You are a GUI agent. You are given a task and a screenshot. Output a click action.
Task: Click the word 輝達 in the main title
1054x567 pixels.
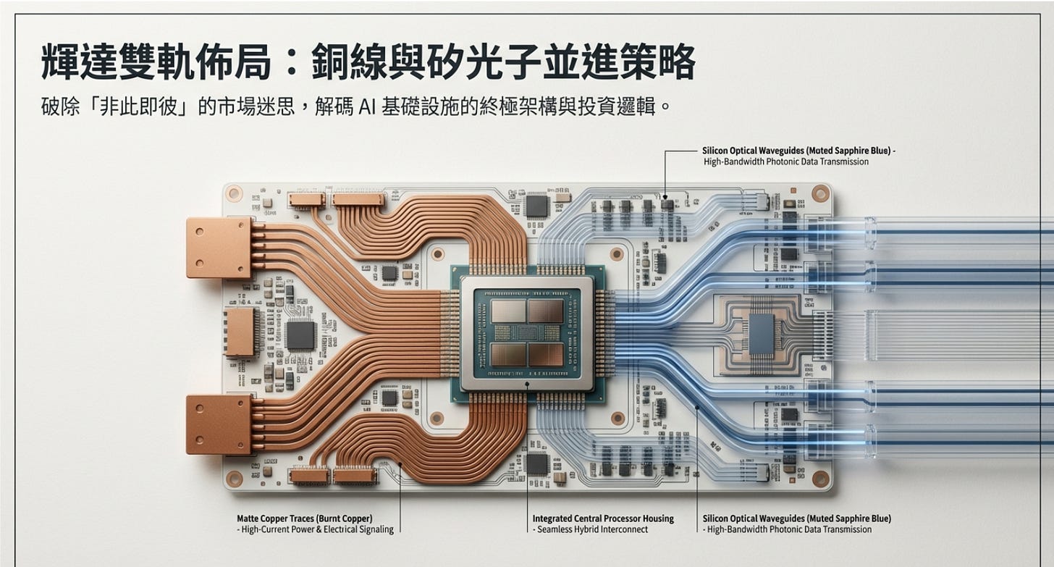pyautogui.click(x=78, y=64)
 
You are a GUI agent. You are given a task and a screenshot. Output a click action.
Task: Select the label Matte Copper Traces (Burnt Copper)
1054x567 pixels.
pyautogui.click(x=304, y=518)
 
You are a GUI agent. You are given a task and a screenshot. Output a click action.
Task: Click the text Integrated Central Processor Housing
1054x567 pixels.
pyautogui.click(x=603, y=518)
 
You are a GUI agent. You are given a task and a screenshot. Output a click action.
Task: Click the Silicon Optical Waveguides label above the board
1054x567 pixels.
pyautogui.click(x=798, y=151)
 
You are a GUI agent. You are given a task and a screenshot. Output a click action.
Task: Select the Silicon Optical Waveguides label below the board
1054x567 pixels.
pyautogui.click(x=796, y=518)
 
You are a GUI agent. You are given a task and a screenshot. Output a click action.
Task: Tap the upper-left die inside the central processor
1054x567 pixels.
pyautogui.click(x=508, y=311)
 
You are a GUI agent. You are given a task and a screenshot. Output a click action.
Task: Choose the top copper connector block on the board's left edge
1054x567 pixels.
pyautogui.click(x=219, y=248)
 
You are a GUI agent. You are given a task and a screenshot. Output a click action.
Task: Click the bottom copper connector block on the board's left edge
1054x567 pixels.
pyautogui.click(x=219, y=424)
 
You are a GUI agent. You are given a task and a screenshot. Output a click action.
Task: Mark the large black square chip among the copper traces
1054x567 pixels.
pyautogui.click(x=300, y=334)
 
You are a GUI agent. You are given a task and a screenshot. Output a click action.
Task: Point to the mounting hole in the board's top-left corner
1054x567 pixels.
pyautogui.click(x=233, y=193)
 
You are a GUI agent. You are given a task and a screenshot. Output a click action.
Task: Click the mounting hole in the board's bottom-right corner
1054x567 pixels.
pyautogui.click(x=820, y=479)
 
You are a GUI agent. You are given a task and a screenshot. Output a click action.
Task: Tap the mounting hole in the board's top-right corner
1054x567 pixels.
pyautogui.click(x=820, y=193)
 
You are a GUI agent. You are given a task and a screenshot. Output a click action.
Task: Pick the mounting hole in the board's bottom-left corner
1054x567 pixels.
pyautogui.click(x=233, y=479)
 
